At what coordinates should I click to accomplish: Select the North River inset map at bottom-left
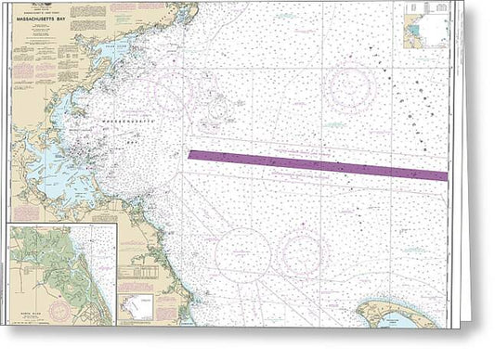click(x=62, y=274)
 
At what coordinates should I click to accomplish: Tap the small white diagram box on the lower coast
click(x=140, y=305)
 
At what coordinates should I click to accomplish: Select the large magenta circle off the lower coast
click(x=242, y=252)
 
